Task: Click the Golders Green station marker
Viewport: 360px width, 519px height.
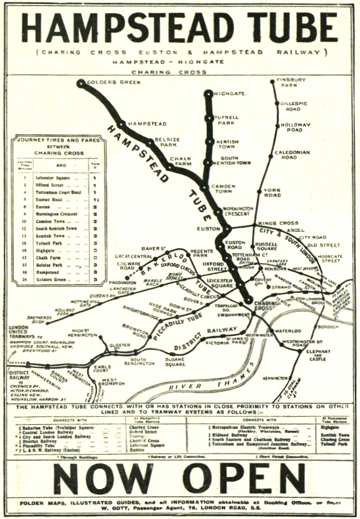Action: [81, 83]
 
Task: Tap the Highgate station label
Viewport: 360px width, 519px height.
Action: [229, 93]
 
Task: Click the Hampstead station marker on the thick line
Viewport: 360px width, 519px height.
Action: [122, 123]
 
